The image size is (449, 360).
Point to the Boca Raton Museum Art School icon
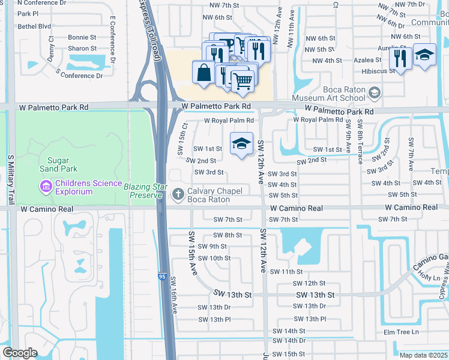[375, 92]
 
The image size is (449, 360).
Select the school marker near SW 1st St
[241, 144]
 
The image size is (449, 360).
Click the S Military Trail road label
[10, 179]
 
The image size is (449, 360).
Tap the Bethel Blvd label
[34, 26]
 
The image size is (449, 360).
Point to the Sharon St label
[82, 48]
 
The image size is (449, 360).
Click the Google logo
[20, 353]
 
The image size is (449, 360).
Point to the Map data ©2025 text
[423, 355]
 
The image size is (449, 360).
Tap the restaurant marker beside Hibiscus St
[399, 59]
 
